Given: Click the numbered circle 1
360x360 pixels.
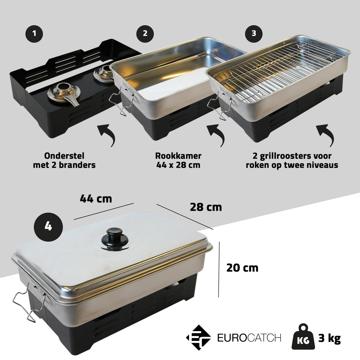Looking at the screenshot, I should pos(34,34).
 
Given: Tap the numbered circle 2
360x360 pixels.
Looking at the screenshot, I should pos(145,34).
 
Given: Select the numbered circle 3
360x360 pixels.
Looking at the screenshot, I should pos(254,34).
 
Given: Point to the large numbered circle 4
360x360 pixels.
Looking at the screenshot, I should pos(48,227).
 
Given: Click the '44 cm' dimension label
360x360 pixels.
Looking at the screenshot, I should pos(96,198).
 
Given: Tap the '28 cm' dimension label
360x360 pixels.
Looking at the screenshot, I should pos(206,207).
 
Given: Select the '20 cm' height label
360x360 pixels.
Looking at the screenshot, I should pos(242,268).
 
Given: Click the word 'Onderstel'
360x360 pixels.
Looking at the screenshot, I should pos(64,156).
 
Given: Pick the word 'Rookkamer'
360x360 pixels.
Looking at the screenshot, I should pos(178,156).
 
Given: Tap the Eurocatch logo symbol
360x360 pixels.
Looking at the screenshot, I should pos(198,338).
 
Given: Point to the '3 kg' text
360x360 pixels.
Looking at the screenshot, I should pos(329,338).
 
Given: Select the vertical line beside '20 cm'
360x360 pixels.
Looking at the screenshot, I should pos(219,269).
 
